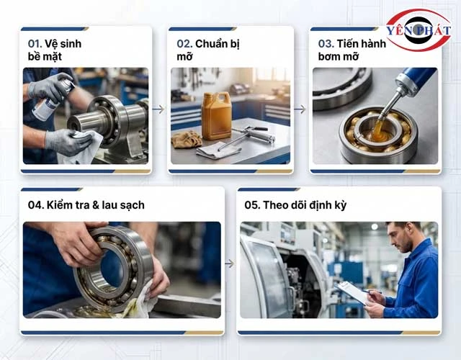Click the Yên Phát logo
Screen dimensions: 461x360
(x=419, y=30)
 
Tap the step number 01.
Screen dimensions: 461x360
(x=35, y=44)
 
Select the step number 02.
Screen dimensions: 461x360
(x=184, y=44)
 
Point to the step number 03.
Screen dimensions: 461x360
(x=326, y=44)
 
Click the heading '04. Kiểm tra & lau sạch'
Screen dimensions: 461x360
(x=86, y=204)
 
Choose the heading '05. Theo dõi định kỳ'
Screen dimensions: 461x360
(x=295, y=205)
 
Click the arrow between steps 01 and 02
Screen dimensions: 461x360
(x=158, y=109)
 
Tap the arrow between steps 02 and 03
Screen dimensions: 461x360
(x=300, y=109)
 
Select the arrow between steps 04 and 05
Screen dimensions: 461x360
(x=230, y=264)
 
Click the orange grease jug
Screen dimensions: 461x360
(x=217, y=115)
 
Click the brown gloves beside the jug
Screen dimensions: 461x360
(x=187, y=139)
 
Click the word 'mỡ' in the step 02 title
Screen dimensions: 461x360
(x=184, y=56)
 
